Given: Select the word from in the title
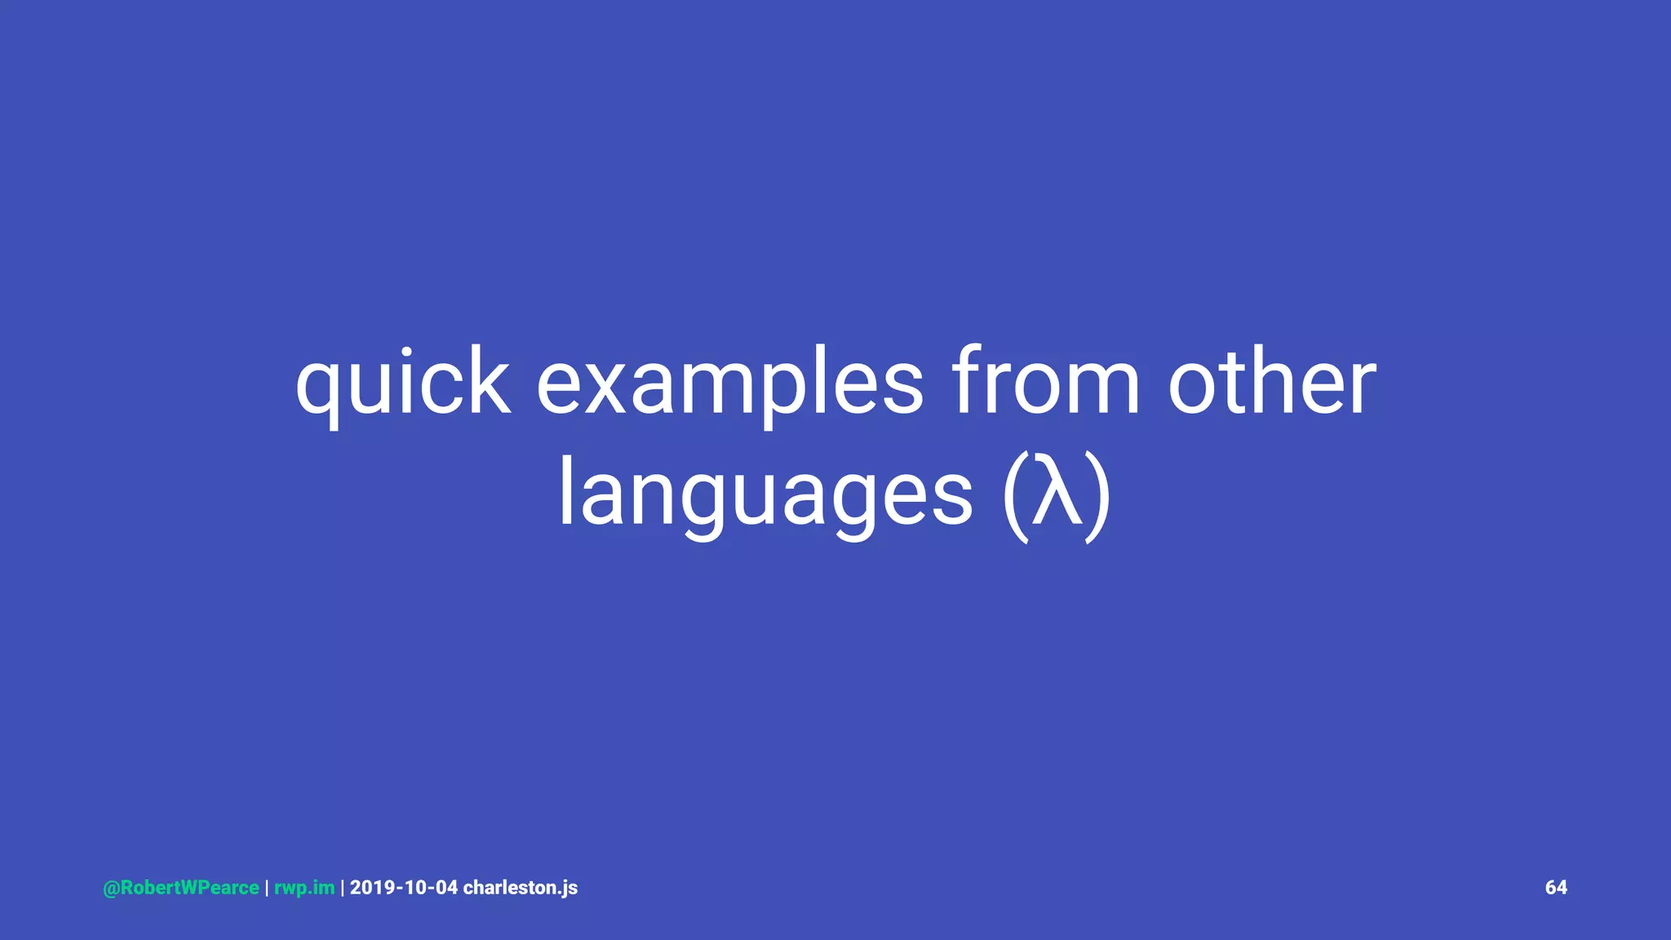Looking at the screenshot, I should (x=1046, y=382).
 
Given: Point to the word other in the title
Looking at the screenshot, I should (x=1272, y=382).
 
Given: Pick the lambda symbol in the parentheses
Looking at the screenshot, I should (x=1057, y=494).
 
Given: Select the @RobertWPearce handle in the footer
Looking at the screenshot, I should (x=181, y=888).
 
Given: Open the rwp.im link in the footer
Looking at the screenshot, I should (x=304, y=888).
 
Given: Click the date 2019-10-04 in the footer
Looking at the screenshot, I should (x=404, y=888).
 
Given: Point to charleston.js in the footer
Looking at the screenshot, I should (x=521, y=888).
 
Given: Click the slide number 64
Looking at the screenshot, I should (x=1556, y=888).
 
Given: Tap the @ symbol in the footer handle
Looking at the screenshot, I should (x=111, y=888).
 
